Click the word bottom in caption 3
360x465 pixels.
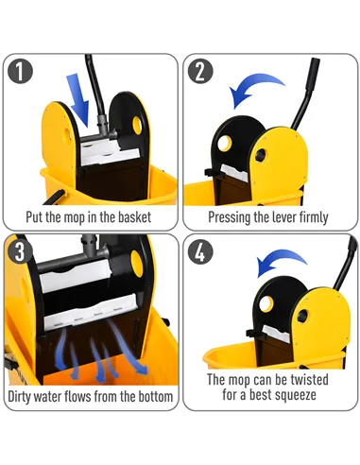pos(151,396)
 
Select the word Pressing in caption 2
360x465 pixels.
pos(232,216)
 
